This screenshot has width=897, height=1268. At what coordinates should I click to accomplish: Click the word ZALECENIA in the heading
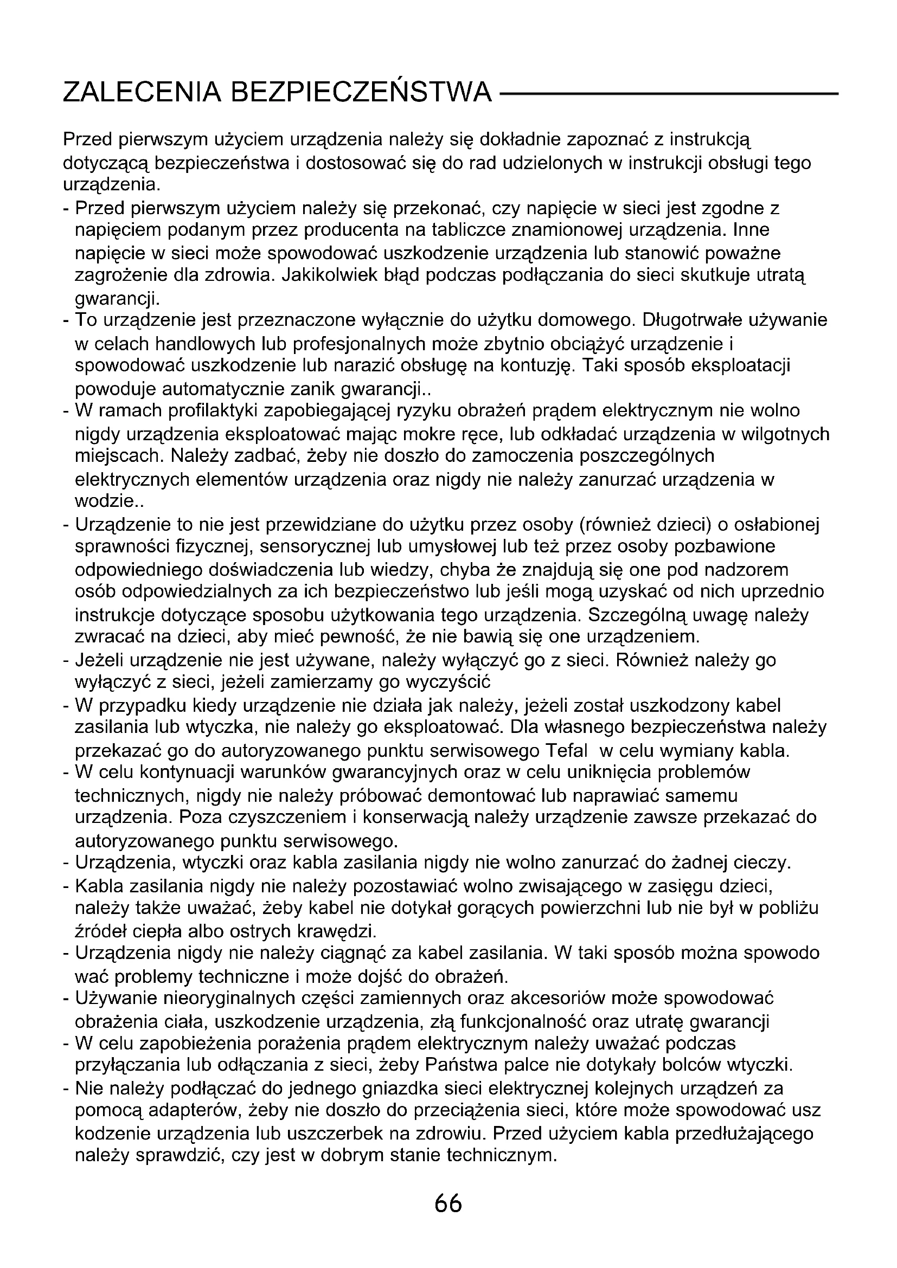142,92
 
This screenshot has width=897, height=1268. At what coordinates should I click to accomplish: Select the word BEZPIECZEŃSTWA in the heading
360,92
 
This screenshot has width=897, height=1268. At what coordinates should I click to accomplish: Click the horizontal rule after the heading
668,94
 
